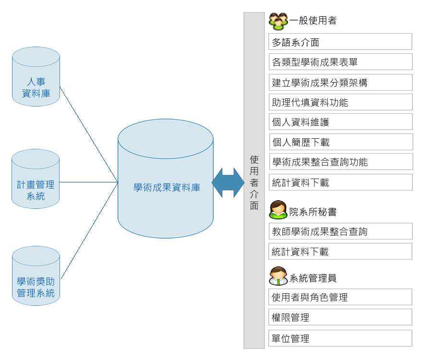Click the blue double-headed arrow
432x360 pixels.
click(x=228, y=182)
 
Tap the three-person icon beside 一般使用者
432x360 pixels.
click(x=278, y=21)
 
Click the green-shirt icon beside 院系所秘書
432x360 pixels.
click(x=278, y=210)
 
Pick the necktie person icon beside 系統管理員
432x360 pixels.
click(x=278, y=276)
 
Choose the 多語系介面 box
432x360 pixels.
click(x=340, y=42)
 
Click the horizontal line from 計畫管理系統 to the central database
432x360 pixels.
click(x=89, y=182)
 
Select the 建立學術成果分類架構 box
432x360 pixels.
click(x=340, y=82)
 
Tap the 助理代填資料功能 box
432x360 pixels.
click(x=340, y=102)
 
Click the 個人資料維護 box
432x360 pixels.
click(x=340, y=122)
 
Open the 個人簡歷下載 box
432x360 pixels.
click(x=340, y=142)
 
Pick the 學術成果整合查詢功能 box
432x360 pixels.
click(x=340, y=162)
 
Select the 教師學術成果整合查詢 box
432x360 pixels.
click(x=340, y=231)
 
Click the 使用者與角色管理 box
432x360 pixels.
click(x=340, y=297)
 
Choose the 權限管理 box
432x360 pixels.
click(x=340, y=317)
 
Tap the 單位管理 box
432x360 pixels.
click(x=340, y=338)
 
